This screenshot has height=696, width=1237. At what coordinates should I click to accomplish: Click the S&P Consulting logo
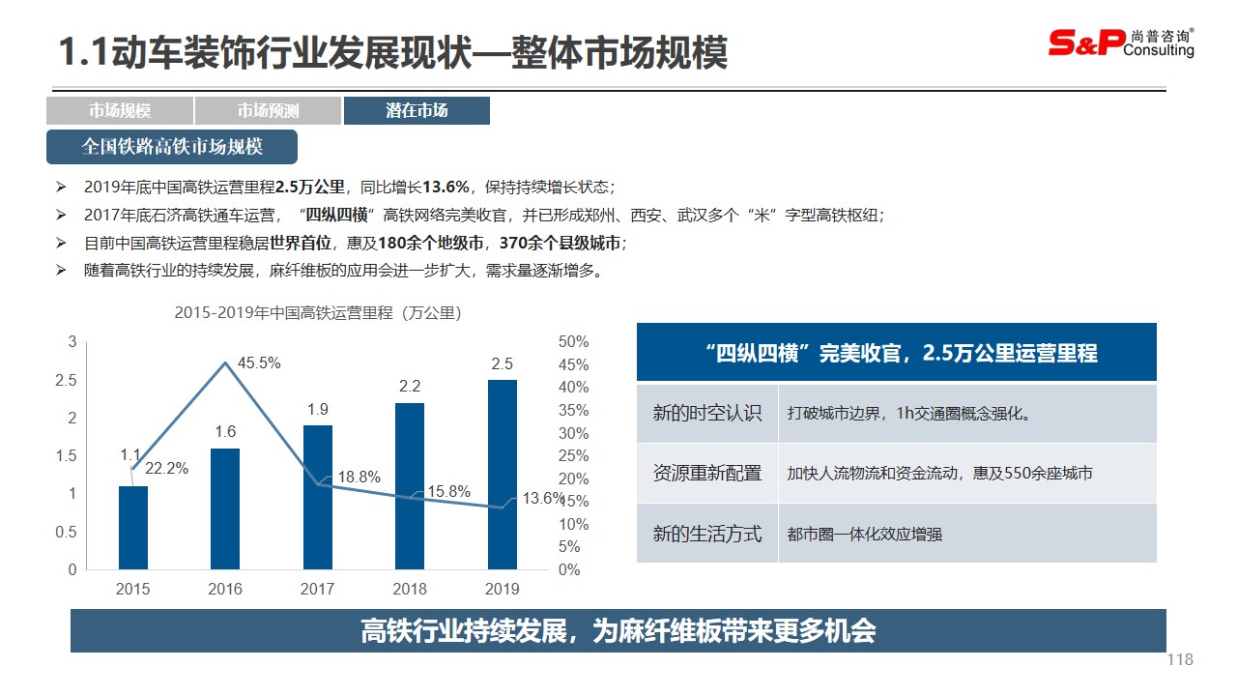1121,43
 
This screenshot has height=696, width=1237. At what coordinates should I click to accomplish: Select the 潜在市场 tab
417,111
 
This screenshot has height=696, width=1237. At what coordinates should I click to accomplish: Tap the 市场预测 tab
268,111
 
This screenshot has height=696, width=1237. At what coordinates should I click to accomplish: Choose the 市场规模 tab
120,111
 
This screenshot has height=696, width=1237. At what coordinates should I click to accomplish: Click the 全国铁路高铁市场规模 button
172,147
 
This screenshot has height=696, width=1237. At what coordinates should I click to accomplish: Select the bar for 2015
133,528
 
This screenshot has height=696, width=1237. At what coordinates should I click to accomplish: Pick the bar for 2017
318,497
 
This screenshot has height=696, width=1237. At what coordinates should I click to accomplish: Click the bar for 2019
503,475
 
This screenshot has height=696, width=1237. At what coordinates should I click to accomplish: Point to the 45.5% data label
259,363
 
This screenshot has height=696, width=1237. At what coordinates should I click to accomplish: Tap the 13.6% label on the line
543,499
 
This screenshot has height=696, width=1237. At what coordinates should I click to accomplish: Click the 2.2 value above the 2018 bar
410,387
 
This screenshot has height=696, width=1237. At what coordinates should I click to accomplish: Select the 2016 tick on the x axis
225,589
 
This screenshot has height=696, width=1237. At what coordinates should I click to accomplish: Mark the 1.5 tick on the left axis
66,456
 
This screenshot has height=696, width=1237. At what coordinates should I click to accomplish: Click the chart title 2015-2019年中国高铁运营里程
318,313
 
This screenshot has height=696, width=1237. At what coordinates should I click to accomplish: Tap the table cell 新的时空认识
707,414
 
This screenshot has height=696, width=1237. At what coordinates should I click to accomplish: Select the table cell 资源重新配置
707,474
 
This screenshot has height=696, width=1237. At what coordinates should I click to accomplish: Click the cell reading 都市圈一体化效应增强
865,534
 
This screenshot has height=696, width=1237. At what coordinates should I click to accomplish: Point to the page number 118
1180,660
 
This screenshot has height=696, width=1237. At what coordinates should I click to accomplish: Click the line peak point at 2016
226,362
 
